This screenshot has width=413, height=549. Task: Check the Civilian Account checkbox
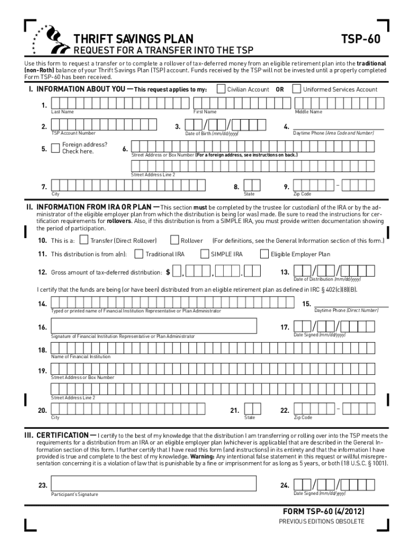click(221, 89)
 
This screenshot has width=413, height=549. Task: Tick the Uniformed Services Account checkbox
click(297, 89)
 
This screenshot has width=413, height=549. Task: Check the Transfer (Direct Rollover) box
click(84, 240)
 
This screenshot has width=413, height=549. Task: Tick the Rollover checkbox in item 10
click(174, 240)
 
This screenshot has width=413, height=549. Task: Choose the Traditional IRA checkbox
click(139, 254)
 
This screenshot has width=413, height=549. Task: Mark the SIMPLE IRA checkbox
click(204, 254)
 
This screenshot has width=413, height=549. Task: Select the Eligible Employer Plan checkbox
click(264, 254)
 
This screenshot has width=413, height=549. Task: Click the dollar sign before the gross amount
click(168, 272)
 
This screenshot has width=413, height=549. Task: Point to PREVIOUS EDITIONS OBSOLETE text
click(321, 522)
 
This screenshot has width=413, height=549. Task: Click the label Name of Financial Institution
click(80, 357)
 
